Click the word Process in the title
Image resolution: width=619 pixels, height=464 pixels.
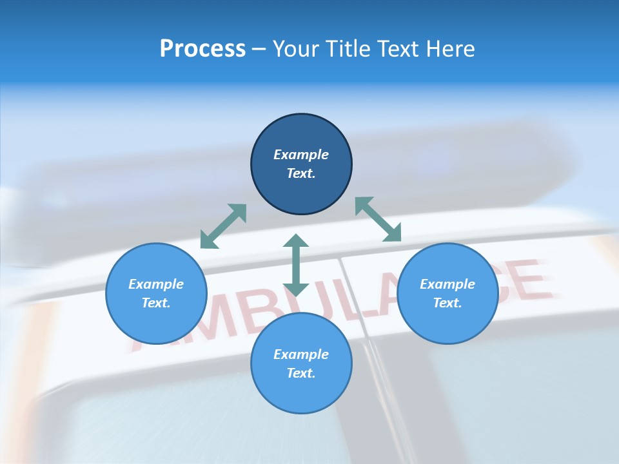click(x=202, y=49)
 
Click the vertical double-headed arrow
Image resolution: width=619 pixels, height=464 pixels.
click(x=296, y=264)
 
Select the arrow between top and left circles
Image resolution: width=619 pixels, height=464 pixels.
click(x=223, y=226)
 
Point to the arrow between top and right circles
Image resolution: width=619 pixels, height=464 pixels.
click(x=378, y=219)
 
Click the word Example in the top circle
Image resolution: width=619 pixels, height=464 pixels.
click(x=301, y=155)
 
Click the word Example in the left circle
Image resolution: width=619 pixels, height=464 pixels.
click(x=156, y=284)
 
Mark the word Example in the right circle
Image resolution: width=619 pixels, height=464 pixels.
click(x=447, y=284)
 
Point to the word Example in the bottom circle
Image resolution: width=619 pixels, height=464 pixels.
click(x=301, y=354)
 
